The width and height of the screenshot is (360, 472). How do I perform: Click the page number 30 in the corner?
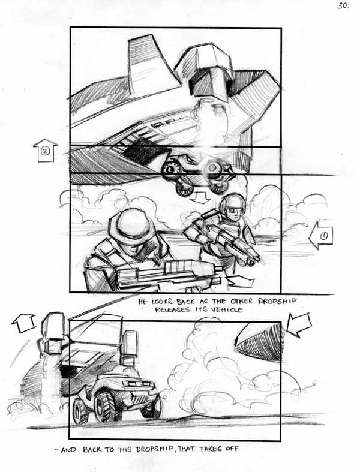(343, 5)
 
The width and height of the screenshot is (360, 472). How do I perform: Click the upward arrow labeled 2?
(45, 150)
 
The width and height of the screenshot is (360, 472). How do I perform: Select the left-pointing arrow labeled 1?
(321, 236)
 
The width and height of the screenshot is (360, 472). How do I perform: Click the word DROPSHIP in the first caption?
(277, 301)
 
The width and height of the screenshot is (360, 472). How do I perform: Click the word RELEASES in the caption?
(173, 309)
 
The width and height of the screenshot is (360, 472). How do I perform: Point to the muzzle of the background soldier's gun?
(252, 261)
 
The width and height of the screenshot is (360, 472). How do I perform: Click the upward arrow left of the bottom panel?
(23, 323)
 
